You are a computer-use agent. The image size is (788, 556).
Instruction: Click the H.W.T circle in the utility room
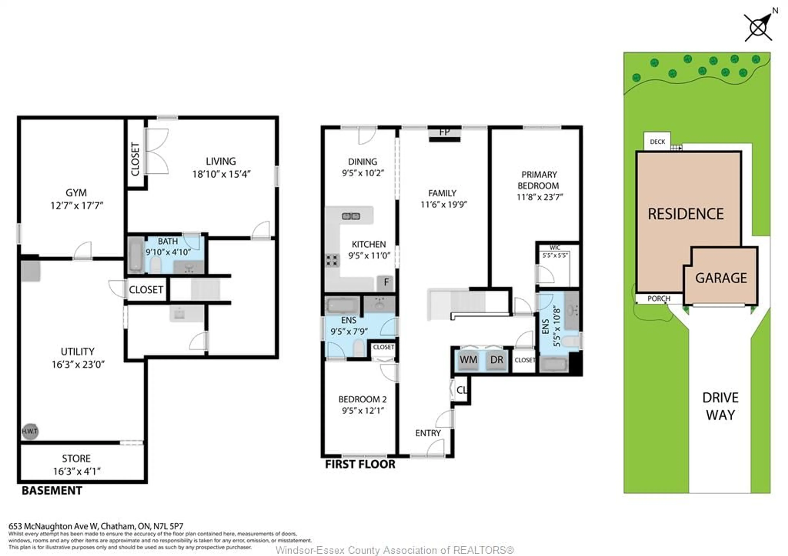pyautogui.click(x=30, y=431)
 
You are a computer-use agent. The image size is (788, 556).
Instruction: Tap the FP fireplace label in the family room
pyautogui.click(x=444, y=132)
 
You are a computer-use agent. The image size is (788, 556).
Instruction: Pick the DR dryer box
pyautogui.click(x=497, y=360)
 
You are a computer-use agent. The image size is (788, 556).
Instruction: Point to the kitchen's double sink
pyautogui.click(x=351, y=216)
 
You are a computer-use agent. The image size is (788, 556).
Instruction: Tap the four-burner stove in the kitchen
pyautogui.click(x=332, y=260)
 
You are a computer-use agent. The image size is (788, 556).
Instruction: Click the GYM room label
pyautogui.click(x=76, y=193)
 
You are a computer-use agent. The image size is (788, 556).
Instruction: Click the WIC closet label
pyautogui.click(x=555, y=248)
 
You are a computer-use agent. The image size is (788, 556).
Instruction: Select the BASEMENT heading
pyautogui.click(x=52, y=491)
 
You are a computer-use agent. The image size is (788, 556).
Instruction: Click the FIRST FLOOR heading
pyautogui.click(x=360, y=464)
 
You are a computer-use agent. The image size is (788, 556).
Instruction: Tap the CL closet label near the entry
pyautogui.click(x=462, y=390)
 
